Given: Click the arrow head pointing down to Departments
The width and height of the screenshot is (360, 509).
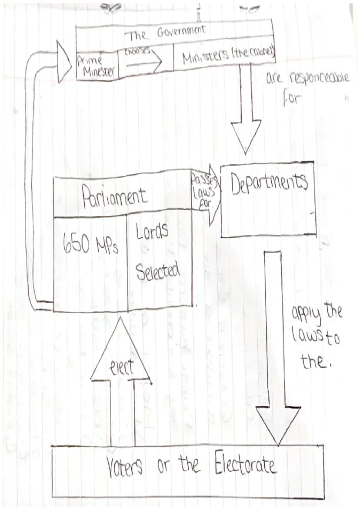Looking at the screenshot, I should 246,135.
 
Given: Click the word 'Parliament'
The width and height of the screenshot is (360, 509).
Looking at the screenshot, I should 116,197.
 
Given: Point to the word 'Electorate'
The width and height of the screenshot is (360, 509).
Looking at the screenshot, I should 246,466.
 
